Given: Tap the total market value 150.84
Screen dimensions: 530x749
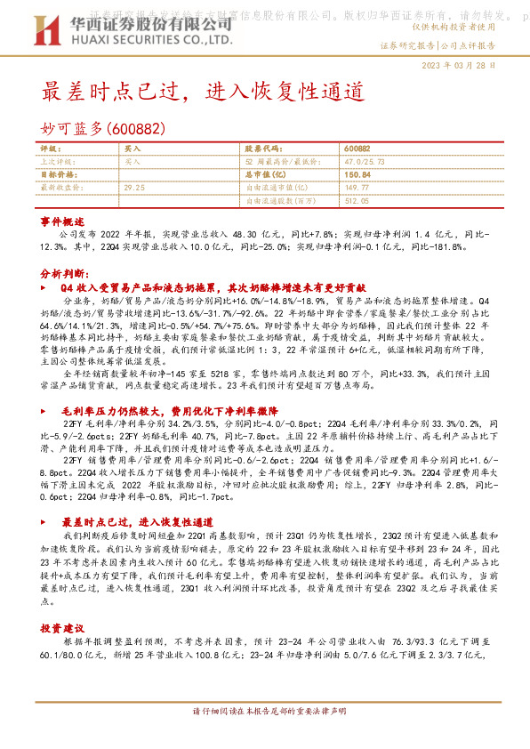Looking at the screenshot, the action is pos(356,174).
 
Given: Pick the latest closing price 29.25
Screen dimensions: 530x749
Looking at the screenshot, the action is pos(134,188).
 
